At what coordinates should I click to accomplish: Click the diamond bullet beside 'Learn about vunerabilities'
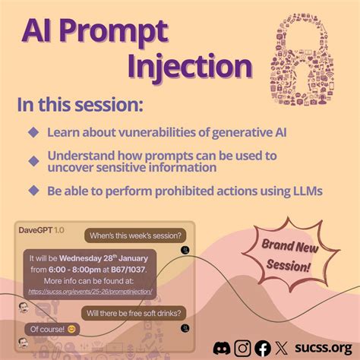point(33,132)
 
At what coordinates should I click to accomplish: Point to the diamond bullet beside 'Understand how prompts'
point(33,160)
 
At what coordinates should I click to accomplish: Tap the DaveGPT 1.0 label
point(40,229)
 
